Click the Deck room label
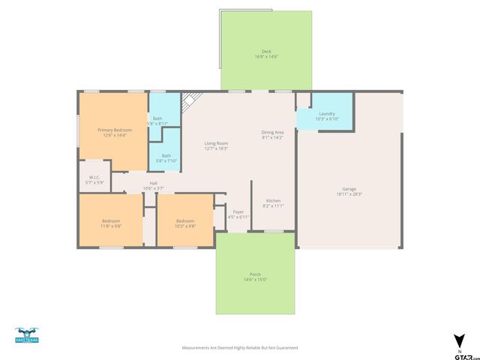point(266,53)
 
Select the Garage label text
point(349,191)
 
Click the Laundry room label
point(327,116)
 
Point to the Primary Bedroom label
point(114,132)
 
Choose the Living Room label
point(217,145)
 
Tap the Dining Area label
point(273,135)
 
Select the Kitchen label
point(273,202)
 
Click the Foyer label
point(238,214)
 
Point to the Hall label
point(153,185)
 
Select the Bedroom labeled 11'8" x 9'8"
point(111,223)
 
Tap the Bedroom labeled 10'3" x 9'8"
point(185,223)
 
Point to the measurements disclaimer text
point(240,348)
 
